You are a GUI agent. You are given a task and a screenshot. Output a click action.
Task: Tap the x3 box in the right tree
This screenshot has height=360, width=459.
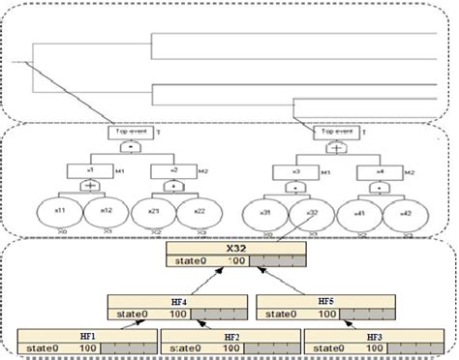[292, 169]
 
